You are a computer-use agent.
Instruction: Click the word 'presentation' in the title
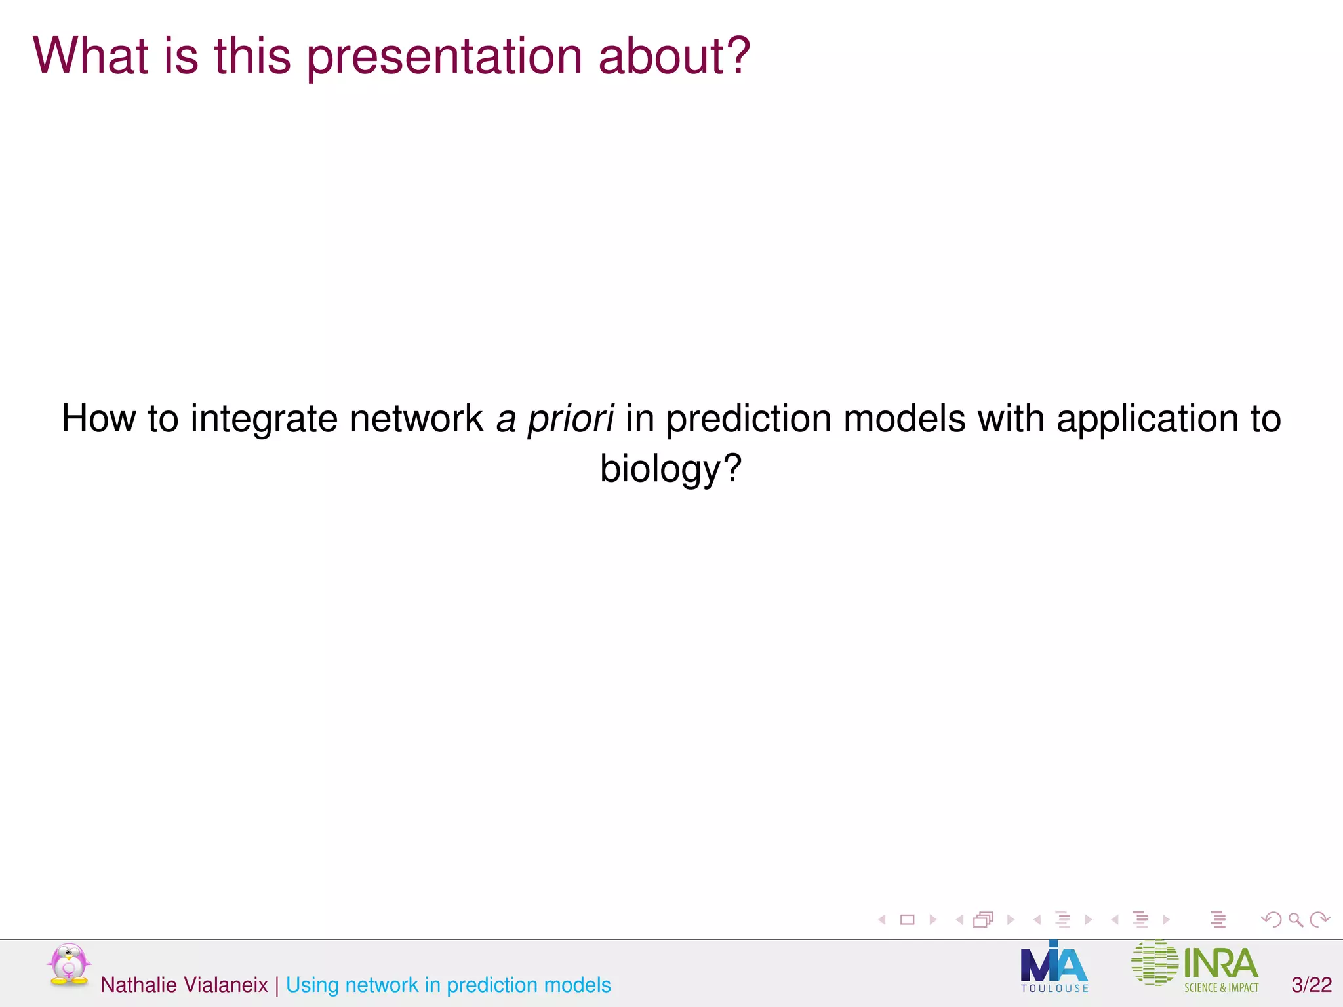point(445,58)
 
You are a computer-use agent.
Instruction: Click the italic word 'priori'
point(571,419)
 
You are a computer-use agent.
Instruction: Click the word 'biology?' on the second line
point(671,469)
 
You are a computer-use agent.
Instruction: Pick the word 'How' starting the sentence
point(98,419)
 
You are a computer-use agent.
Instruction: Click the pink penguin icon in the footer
point(68,964)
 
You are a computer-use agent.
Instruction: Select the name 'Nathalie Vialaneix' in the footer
point(184,985)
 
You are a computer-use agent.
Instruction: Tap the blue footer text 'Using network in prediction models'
point(448,985)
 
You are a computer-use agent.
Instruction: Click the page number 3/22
point(1312,985)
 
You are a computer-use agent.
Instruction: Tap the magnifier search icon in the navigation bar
point(1295,920)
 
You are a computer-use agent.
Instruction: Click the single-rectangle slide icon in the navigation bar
point(908,920)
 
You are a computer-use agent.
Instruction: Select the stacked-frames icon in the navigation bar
point(983,920)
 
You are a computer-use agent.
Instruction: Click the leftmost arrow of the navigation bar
point(882,920)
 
